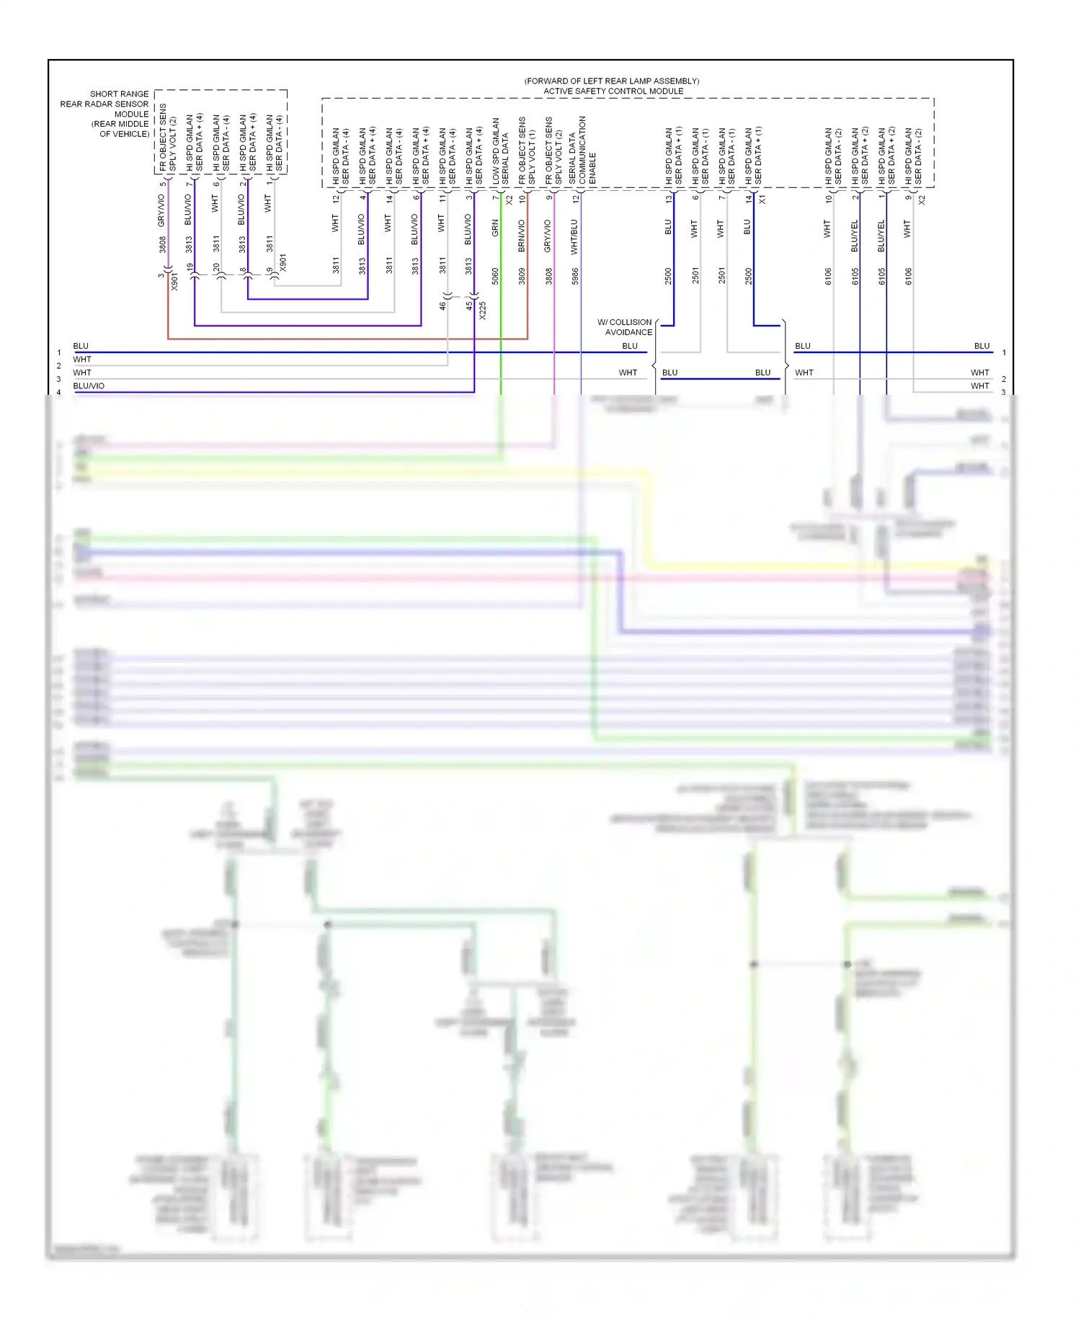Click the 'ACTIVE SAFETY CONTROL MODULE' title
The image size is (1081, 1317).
(613, 91)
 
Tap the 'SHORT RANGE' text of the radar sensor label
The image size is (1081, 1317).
(120, 94)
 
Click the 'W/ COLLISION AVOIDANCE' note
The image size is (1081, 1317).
(625, 327)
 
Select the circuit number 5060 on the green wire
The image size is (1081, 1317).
(495, 276)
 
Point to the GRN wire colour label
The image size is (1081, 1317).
(495, 228)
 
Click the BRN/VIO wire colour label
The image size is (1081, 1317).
(522, 236)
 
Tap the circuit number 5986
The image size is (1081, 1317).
(575, 276)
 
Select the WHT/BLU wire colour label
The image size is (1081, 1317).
(574, 237)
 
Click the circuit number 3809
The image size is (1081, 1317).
(522, 276)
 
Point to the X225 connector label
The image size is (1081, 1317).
(483, 311)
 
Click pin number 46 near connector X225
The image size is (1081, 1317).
(442, 305)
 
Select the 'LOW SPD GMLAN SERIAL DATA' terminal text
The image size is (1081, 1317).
(500, 151)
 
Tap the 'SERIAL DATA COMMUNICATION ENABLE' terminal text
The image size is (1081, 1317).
(582, 150)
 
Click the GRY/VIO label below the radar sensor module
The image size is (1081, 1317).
(162, 210)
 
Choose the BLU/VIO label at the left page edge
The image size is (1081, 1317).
(89, 386)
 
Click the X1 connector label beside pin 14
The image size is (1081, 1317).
(762, 199)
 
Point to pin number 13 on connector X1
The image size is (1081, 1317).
(668, 198)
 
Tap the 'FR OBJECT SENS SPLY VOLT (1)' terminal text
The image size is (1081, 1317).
(527, 150)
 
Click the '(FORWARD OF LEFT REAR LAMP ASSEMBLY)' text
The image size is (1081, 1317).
(612, 81)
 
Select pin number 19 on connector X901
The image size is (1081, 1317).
(190, 267)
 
